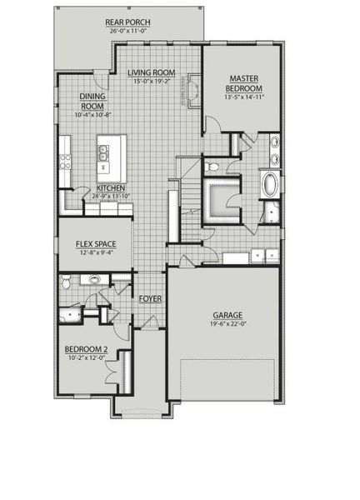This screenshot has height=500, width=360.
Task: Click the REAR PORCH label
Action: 127,22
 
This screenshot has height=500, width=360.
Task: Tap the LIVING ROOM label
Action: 151,73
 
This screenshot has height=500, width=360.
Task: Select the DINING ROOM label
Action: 92,101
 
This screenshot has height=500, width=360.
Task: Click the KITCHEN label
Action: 111,188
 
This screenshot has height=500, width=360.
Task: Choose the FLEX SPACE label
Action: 93,244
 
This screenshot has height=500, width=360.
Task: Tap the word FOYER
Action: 150,298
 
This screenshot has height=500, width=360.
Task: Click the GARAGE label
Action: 227,315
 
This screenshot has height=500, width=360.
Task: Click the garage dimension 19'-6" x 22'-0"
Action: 227,326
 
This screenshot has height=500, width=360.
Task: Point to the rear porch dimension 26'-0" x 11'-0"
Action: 127,31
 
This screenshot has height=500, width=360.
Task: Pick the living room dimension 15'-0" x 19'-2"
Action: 151,82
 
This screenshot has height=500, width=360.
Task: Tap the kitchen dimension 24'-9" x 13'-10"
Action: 111,197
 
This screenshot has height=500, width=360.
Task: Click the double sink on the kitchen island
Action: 104,152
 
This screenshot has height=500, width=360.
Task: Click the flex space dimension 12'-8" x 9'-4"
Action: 93,253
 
